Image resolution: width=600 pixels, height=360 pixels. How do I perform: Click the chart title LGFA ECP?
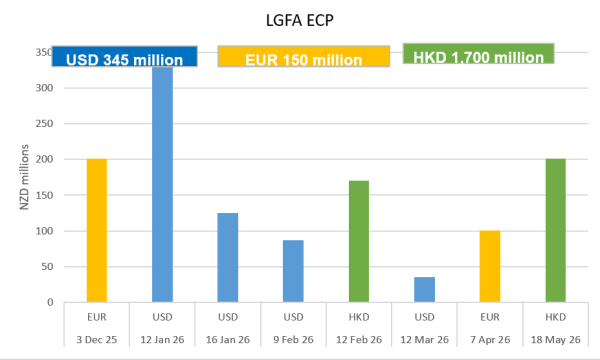[301, 17]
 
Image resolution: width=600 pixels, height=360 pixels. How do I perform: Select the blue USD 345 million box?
[126, 58]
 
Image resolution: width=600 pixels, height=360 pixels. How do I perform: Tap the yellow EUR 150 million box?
[303, 58]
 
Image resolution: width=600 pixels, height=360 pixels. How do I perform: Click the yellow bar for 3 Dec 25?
[97, 230]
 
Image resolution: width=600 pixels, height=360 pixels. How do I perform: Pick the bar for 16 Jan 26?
[227, 257]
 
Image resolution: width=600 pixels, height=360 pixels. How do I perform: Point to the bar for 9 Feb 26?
[293, 271]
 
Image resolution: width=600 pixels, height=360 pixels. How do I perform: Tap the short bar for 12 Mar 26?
[424, 289]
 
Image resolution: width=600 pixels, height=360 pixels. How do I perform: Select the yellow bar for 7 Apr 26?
[489, 266]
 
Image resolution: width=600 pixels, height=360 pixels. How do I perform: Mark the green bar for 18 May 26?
[554, 230]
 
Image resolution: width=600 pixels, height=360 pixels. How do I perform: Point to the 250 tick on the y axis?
[40, 124]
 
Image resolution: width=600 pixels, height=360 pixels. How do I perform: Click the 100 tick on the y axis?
[40, 231]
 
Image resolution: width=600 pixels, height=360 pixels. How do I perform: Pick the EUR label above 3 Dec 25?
[97, 317]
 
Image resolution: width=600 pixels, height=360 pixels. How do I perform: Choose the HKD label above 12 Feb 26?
[358, 317]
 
